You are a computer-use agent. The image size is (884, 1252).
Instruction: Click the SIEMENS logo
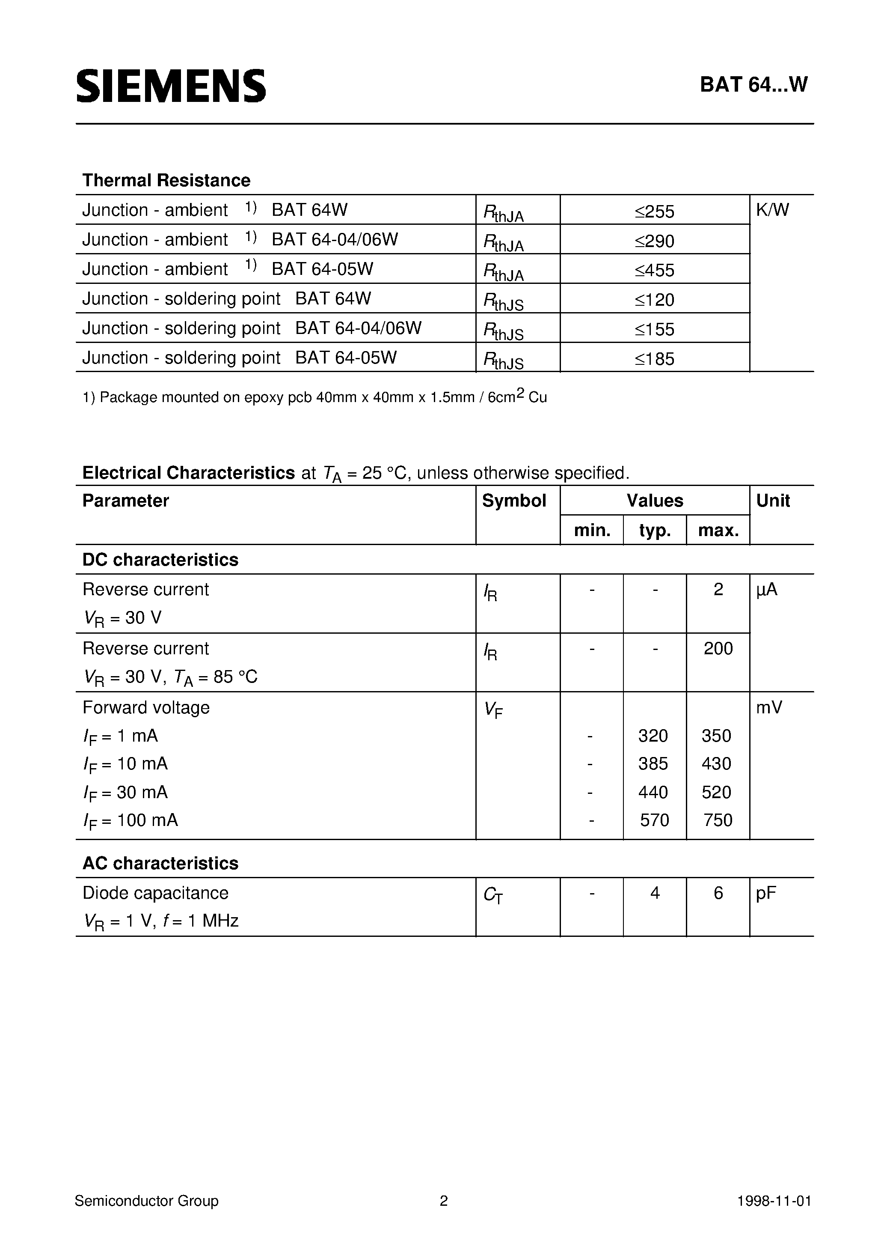coord(171,86)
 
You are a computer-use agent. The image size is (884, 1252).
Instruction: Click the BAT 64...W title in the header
coord(753,84)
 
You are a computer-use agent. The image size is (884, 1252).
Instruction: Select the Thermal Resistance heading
coord(166,181)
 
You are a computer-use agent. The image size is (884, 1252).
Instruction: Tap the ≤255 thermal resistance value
coord(655,212)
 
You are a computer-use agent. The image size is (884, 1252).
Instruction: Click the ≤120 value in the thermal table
coord(655,300)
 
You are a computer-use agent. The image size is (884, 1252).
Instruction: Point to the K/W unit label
coord(772,210)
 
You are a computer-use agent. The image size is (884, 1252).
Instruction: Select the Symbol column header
coord(514,501)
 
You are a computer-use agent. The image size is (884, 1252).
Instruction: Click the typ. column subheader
coord(655,530)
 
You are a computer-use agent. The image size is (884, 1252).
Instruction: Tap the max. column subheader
coord(718,530)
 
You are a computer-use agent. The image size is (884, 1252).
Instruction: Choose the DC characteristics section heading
coord(160,560)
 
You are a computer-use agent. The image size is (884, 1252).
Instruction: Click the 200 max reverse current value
coord(718,648)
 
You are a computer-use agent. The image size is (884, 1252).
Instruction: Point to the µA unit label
coord(766,590)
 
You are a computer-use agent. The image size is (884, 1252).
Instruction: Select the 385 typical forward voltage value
coord(653,764)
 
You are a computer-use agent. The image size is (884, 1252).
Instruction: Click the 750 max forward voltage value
coord(718,820)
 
